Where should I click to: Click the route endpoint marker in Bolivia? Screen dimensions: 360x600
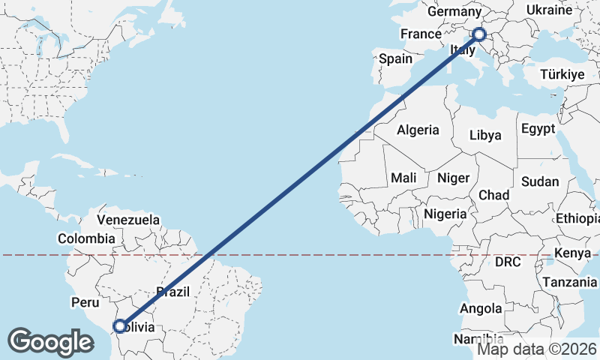tap(119, 326)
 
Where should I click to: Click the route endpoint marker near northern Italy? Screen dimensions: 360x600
tap(478, 34)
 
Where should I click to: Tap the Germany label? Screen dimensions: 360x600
tap(454, 12)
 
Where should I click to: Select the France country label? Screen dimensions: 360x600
tap(421, 34)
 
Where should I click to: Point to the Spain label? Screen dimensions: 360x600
tap(396, 58)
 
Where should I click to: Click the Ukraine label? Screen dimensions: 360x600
tap(549, 10)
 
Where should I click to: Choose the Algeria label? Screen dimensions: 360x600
tap(418, 130)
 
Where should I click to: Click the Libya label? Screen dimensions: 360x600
tap(484, 136)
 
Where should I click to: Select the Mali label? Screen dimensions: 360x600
tap(403, 178)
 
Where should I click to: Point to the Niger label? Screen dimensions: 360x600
tap(453, 178)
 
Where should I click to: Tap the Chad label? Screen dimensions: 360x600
tap(493, 195)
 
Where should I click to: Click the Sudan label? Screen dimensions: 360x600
tap(540, 181)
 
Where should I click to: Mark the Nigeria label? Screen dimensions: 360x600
tap(445, 214)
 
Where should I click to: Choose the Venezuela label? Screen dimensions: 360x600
tap(129, 220)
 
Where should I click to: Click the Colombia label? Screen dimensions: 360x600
tap(86, 238)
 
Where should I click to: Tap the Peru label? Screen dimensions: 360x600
tap(85, 303)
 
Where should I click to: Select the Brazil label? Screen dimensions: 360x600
tap(173, 292)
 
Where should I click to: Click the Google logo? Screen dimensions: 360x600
tap(50, 341)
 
